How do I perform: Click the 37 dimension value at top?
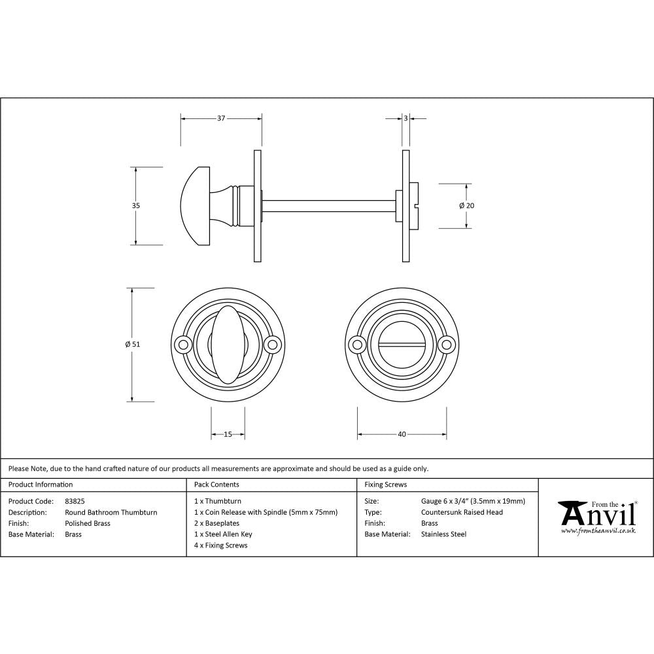click(220, 118)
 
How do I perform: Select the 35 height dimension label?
click(136, 205)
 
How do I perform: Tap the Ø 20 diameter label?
click(466, 205)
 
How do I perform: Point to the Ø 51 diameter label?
click(133, 344)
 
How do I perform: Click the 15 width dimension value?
click(228, 434)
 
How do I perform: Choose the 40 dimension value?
click(402, 434)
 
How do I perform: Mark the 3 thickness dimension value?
click(405, 118)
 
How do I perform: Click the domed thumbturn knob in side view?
click(195, 205)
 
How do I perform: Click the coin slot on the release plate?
click(402, 343)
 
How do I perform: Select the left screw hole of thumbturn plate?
click(182, 343)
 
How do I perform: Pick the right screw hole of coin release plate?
click(447, 343)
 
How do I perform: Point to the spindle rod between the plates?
click(327, 205)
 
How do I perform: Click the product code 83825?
click(75, 501)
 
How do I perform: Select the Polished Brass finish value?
click(88, 523)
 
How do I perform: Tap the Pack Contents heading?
click(216, 485)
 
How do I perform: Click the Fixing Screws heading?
click(385, 485)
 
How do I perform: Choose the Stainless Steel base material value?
click(443, 534)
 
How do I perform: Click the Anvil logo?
click(596, 517)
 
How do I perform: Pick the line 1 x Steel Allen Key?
click(223, 534)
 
